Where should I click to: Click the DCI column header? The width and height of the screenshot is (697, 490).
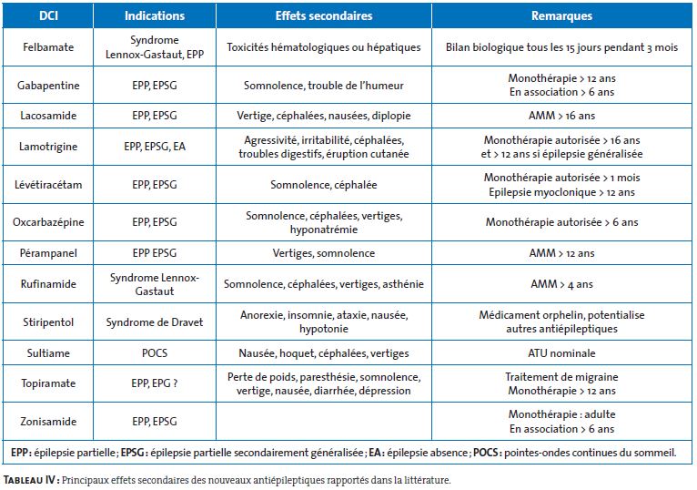click(48, 16)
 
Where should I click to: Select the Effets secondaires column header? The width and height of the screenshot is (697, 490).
click(324, 16)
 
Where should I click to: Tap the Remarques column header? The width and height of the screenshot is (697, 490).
click(561, 16)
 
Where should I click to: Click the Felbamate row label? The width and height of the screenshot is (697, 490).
click(48, 47)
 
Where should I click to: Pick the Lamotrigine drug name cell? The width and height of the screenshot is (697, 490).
click(48, 147)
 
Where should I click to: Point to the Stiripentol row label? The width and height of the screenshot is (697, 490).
click(48, 322)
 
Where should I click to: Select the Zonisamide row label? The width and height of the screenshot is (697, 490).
click(48, 422)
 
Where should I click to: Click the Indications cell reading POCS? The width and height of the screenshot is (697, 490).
click(155, 353)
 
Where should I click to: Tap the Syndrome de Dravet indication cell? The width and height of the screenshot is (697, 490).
click(155, 322)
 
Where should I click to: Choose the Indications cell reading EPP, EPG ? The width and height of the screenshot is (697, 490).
click(155, 383)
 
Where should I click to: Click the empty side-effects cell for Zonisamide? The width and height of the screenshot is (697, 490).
click(324, 422)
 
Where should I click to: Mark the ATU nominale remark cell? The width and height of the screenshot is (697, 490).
click(561, 353)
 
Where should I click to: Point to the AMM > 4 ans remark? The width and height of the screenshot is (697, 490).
click(561, 284)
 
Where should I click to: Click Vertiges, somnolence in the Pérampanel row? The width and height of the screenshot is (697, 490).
click(324, 253)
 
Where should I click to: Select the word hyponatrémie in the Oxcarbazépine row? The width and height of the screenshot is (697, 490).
click(324, 230)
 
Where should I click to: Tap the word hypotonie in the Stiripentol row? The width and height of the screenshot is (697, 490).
click(324, 329)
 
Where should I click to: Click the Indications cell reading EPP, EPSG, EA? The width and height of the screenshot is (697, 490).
click(155, 147)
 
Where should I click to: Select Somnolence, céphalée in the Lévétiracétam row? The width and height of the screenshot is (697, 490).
click(324, 185)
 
